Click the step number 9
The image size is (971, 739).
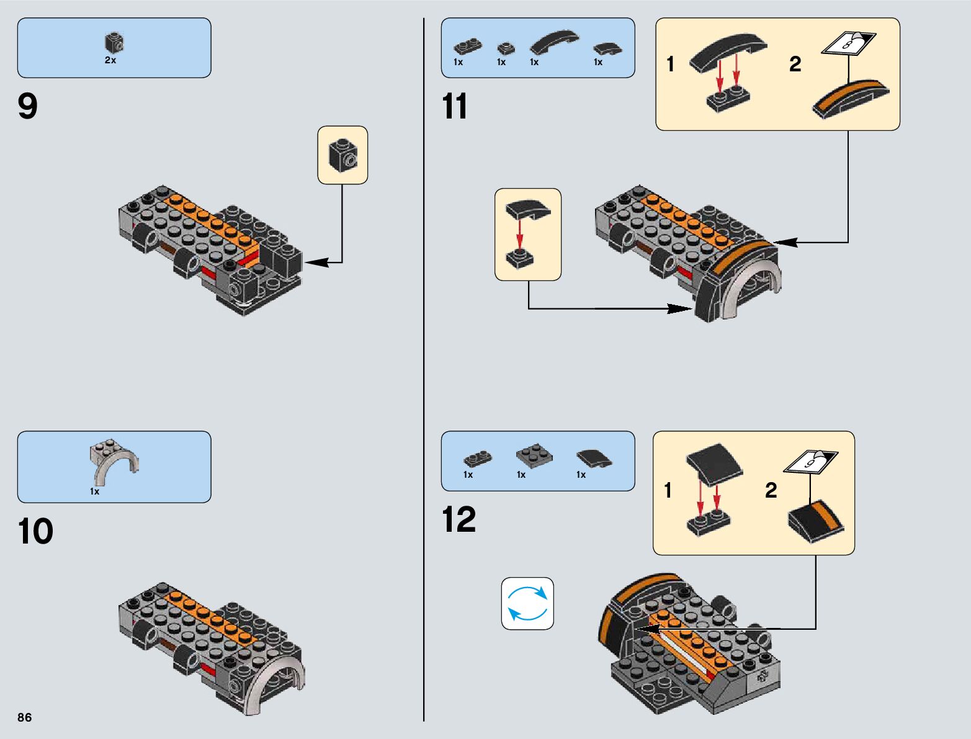[x=28, y=107]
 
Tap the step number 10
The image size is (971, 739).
[x=35, y=532]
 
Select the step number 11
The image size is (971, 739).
[x=455, y=107]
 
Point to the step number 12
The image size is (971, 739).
[x=459, y=519]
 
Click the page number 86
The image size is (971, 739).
[x=24, y=717]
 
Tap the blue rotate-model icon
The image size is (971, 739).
[x=527, y=603]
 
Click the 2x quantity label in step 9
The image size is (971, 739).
[x=110, y=61]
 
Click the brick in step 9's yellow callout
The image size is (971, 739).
[x=342, y=155]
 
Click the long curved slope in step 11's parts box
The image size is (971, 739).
[x=553, y=41]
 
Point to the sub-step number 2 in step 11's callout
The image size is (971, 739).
[x=795, y=64]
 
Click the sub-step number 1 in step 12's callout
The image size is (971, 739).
[x=668, y=491]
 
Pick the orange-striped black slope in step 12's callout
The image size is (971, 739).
[x=816, y=519]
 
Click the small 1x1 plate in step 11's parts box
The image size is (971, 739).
[x=506, y=48]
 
